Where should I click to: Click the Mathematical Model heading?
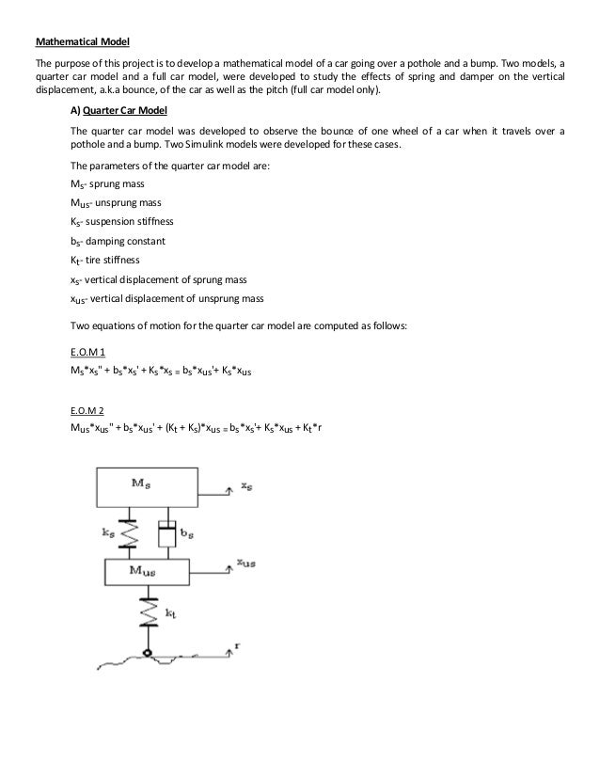coord(84,41)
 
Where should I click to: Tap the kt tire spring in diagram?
coord(146,612)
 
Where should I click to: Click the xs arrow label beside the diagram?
coord(245,487)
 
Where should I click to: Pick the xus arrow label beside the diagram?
coord(246,563)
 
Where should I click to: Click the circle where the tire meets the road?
coord(147,653)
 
